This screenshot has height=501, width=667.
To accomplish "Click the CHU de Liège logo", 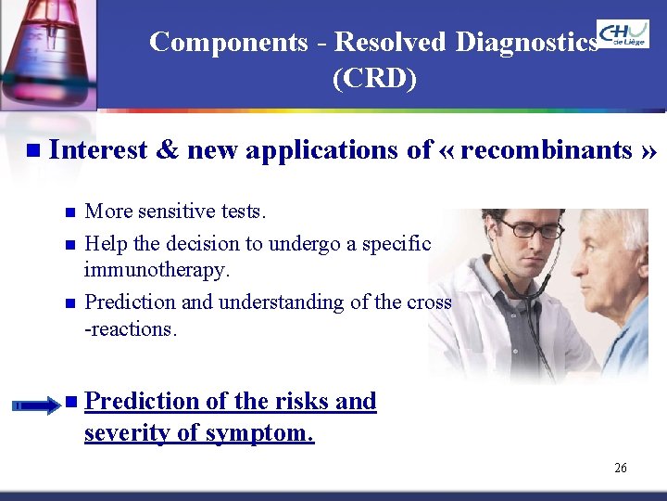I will click(x=623, y=34).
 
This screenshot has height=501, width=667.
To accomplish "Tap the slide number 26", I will click(x=621, y=468).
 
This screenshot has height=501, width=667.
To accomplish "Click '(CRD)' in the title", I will click(x=374, y=80).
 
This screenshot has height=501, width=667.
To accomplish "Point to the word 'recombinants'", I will click(x=546, y=149).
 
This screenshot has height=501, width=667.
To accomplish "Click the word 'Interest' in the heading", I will click(x=98, y=149).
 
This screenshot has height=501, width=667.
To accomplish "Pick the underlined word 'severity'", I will click(x=131, y=432).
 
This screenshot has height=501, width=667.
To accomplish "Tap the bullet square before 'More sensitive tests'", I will click(x=70, y=212).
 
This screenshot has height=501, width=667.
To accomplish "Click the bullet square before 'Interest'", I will click(x=34, y=150).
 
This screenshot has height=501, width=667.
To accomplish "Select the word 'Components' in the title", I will click(x=228, y=43).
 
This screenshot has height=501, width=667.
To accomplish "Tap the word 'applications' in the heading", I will click(x=328, y=149).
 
